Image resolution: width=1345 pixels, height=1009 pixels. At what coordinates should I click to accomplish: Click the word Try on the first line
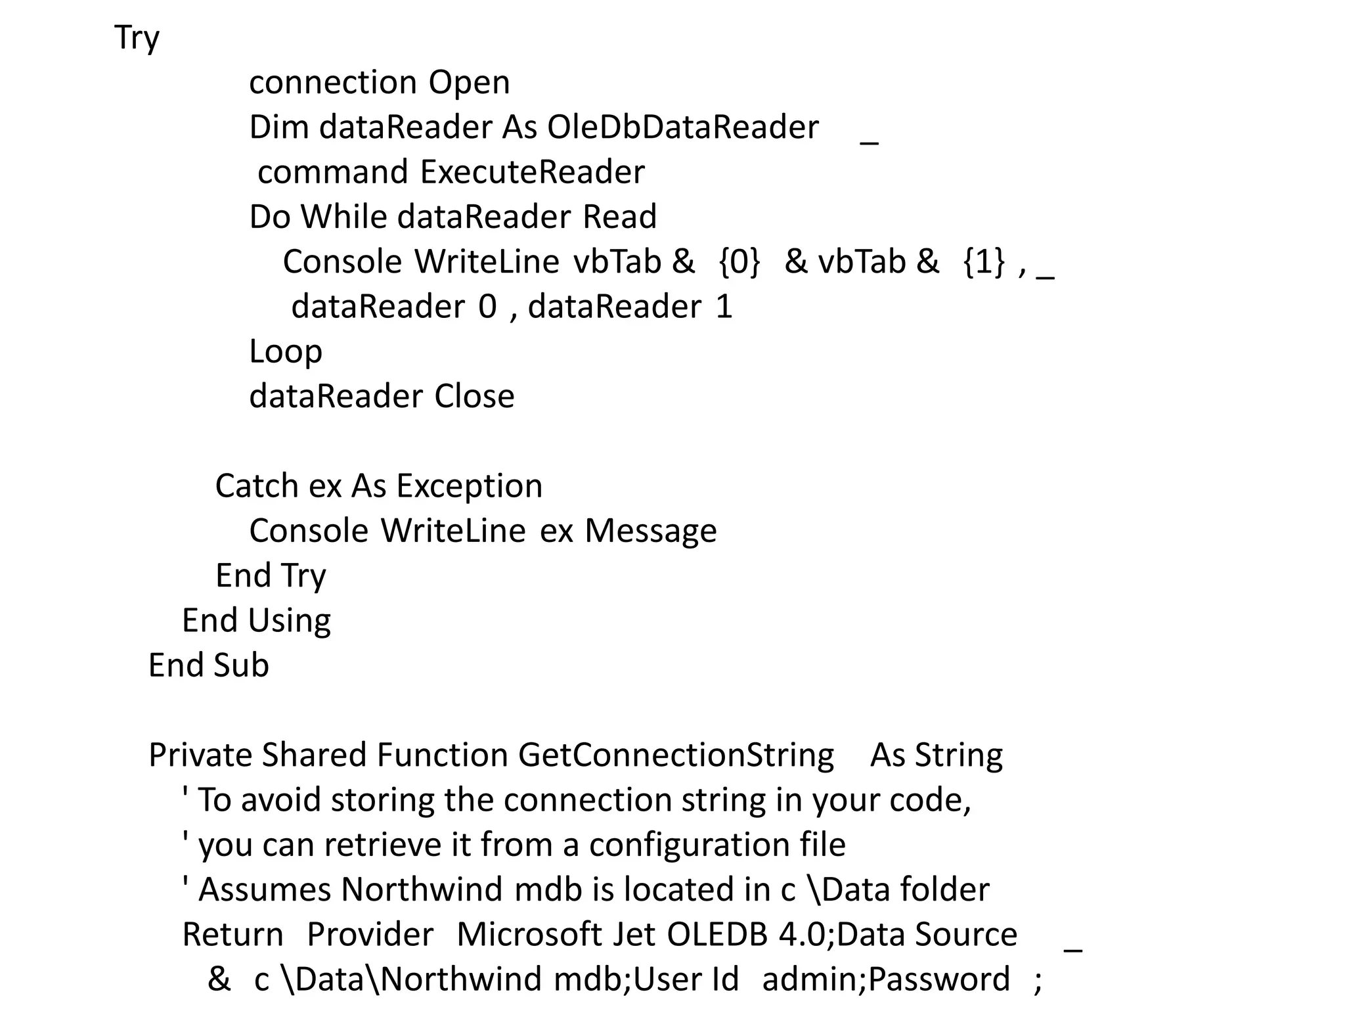pos(137,38)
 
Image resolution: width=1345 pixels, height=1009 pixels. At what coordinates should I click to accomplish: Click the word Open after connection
pos(469,83)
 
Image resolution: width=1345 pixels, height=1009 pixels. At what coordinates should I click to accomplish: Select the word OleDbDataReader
pos(683,127)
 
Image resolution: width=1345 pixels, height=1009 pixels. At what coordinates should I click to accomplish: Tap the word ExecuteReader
pos(532,172)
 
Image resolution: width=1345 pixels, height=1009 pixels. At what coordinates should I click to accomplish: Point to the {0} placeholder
pos(739,261)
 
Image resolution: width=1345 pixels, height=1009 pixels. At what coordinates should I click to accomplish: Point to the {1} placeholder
pos(984,261)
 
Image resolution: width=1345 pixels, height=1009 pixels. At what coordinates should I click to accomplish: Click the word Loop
pos(286,351)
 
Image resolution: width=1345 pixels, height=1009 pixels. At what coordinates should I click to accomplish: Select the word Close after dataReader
pos(474,396)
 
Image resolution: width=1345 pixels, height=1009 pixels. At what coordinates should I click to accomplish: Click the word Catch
pos(256,486)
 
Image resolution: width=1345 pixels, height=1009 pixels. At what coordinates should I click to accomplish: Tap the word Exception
pos(470,486)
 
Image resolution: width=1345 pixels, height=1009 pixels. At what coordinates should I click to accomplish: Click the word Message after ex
pos(650,531)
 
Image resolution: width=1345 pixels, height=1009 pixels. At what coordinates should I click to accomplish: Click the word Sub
pos(241,665)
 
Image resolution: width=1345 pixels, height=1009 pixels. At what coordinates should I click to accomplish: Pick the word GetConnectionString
pos(676,755)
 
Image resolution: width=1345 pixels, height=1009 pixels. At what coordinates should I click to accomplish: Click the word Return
pos(232,935)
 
